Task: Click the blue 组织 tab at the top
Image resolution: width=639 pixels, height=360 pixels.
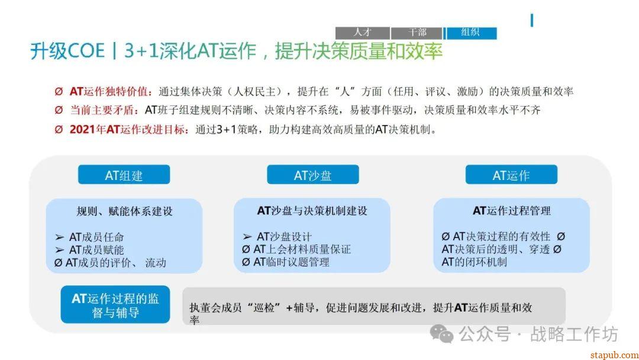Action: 472,33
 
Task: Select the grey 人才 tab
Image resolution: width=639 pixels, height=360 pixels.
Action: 362,33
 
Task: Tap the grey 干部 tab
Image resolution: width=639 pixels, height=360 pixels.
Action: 417,33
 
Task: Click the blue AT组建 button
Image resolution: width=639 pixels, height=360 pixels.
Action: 124,175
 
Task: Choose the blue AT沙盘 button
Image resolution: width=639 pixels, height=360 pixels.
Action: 313,175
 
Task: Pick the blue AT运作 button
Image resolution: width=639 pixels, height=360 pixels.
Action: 511,175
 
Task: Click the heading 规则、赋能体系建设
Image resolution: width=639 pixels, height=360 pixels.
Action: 124,211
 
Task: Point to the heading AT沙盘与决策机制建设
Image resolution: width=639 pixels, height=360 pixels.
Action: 312,211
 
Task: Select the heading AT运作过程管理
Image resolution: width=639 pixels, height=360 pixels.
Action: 511,211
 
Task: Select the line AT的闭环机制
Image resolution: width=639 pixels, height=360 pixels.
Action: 475,262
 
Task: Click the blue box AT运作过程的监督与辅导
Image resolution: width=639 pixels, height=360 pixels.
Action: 115,304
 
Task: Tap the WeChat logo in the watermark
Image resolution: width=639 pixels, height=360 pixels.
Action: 442,334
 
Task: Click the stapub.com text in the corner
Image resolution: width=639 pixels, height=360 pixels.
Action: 615,355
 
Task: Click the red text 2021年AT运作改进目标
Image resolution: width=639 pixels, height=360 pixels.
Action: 128,130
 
